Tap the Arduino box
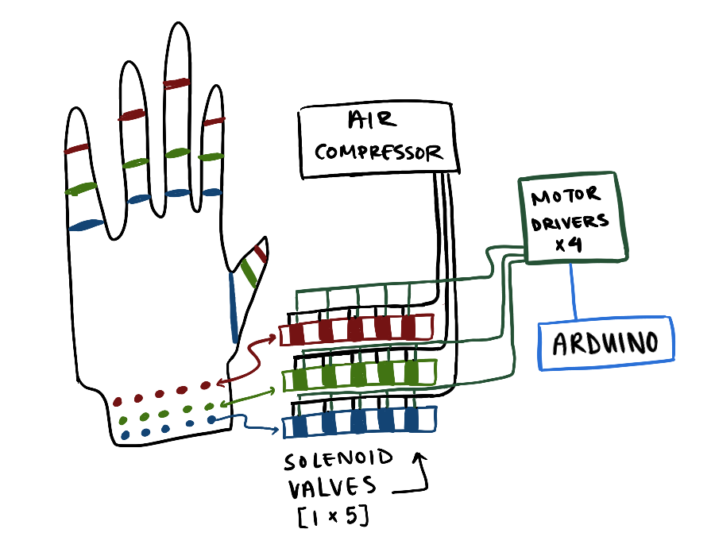606,343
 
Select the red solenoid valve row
357,329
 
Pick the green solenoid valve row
360,373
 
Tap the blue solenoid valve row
360,422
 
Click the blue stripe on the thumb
234,307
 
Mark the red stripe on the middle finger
178,83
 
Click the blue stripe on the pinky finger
86,226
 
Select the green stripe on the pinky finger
81,188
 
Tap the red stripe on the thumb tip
261,253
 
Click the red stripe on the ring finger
131,115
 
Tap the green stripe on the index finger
211,157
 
